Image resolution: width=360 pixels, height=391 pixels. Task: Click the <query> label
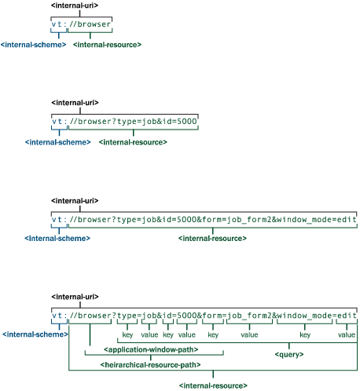click(x=289, y=355)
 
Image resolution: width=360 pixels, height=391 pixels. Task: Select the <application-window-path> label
click(x=151, y=349)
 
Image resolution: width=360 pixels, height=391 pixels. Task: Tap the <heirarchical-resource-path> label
click(x=150, y=365)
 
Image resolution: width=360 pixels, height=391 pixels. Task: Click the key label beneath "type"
click(x=127, y=334)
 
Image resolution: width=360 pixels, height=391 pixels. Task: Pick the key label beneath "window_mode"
click(x=305, y=334)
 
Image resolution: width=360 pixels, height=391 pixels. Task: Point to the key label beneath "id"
click(x=168, y=334)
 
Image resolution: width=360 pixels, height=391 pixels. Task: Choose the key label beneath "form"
click(x=213, y=334)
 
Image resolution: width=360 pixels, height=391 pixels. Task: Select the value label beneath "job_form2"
click(x=249, y=334)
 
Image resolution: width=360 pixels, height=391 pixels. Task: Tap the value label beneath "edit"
click(x=347, y=334)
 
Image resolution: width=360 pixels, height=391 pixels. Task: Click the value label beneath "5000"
click(x=187, y=334)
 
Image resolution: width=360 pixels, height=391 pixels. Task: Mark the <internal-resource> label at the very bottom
click(x=213, y=386)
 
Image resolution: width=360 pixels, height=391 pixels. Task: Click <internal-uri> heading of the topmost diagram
click(x=75, y=5)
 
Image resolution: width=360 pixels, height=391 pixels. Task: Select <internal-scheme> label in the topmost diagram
click(x=33, y=45)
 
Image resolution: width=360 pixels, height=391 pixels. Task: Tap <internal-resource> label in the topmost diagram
click(x=107, y=45)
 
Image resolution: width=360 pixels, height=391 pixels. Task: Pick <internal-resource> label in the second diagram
click(x=133, y=142)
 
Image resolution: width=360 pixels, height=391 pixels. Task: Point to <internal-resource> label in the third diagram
click(x=212, y=239)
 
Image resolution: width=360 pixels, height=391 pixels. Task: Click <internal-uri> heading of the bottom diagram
click(x=75, y=297)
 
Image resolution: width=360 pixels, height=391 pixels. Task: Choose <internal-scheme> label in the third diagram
click(x=57, y=239)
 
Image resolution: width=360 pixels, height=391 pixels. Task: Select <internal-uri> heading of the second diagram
click(x=75, y=103)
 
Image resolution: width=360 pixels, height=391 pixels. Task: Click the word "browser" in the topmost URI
click(x=94, y=24)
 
